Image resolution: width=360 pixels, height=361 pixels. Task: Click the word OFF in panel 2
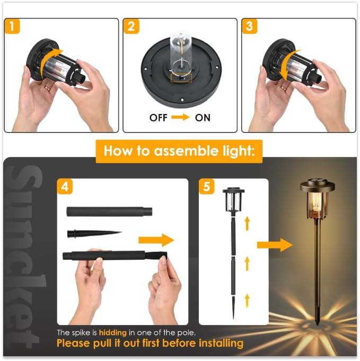pyautogui.click(x=159, y=118)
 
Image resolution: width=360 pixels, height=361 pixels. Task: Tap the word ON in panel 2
pyautogui.click(x=203, y=118)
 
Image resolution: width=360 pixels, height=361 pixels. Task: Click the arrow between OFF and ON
pyautogui.click(x=180, y=118)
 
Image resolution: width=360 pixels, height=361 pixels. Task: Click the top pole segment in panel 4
pyautogui.click(x=109, y=212)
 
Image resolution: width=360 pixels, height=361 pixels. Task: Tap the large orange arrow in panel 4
pyautogui.click(x=156, y=240)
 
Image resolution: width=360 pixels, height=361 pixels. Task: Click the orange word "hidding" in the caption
pyautogui.click(x=111, y=332)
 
